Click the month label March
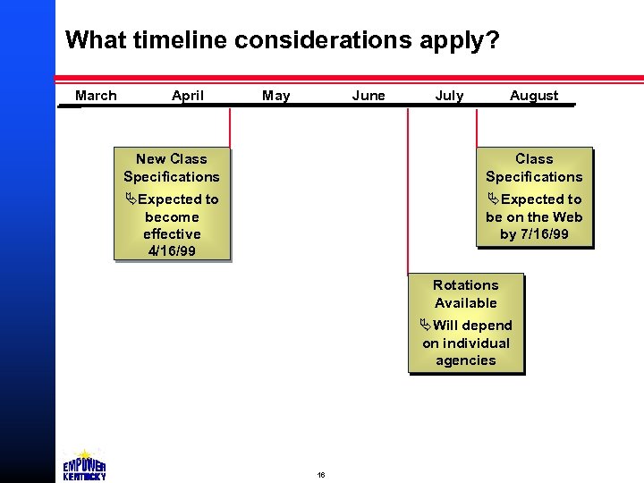pyautogui.click(x=96, y=96)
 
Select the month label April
pyautogui.click(x=188, y=96)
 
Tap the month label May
pyautogui.click(x=276, y=96)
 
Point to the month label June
pyautogui.click(x=369, y=96)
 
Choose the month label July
pyautogui.click(x=449, y=96)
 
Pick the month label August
pyautogui.click(x=534, y=96)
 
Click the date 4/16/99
pyautogui.click(x=172, y=250)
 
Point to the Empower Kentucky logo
pyautogui.click(x=85, y=465)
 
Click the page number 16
pyautogui.click(x=321, y=474)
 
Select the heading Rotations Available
pyautogui.click(x=465, y=293)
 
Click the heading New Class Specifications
pyautogui.click(x=172, y=167)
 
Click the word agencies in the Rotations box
pyautogui.click(x=465, y=360)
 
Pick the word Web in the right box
pyautogui.click(x=567, y=216)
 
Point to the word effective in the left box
pyautogui.click(x=172, y=233)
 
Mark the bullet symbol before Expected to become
pyautogui.click(x=131, y=199)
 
